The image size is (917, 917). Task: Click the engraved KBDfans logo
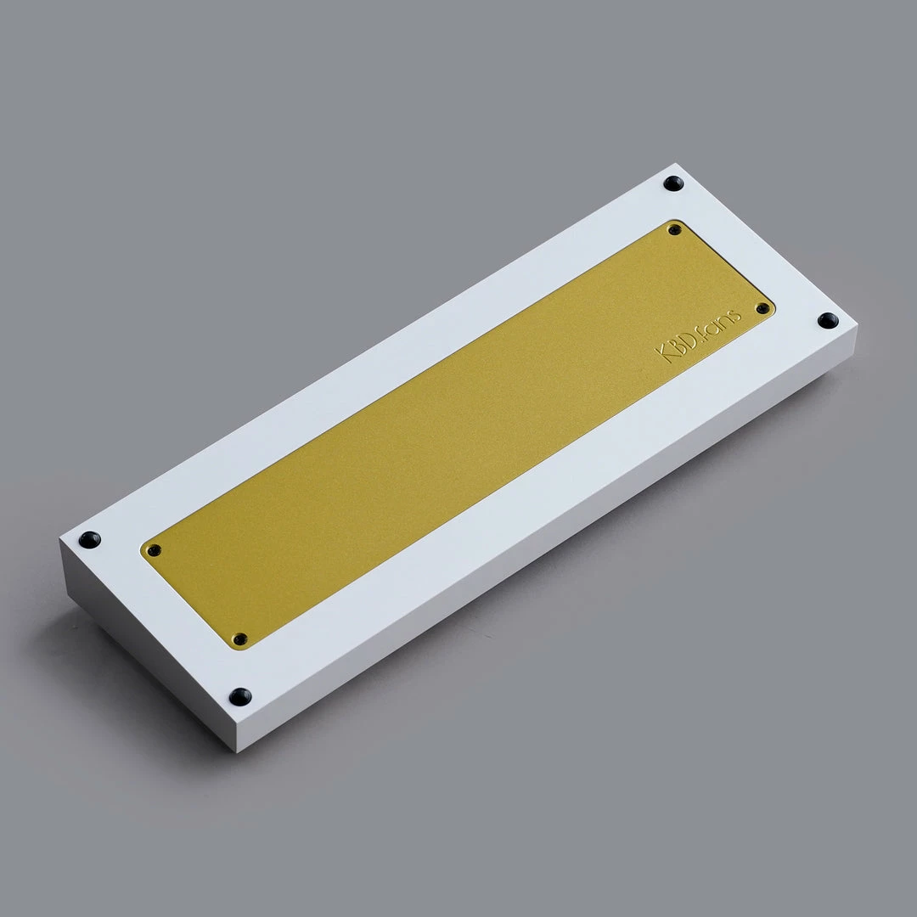pyautogui.click(x=698, y=336)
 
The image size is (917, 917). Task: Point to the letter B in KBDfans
pyautogui.click(x=677, y=345)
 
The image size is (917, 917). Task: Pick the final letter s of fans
pyautogui.click(x=734, y=317)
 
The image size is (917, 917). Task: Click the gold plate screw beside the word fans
pyautogui.click(x=762, y=308)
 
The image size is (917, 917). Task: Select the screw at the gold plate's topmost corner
pyautogui.click(x=674, y=230)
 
